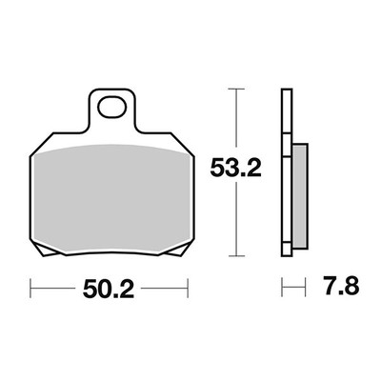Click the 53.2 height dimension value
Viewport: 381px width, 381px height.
click(x=235, y=169)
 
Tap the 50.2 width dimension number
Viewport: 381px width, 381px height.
click(x=109, y=289)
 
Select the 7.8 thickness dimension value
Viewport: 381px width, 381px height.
click(x=342, y=286)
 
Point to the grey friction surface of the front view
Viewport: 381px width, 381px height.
click(x=111, y=199)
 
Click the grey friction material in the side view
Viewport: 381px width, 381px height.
click(x=300, y=196)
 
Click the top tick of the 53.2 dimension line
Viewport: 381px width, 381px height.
click(x=236, y=90)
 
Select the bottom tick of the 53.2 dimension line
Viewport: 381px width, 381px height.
click(x=236, y=256)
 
